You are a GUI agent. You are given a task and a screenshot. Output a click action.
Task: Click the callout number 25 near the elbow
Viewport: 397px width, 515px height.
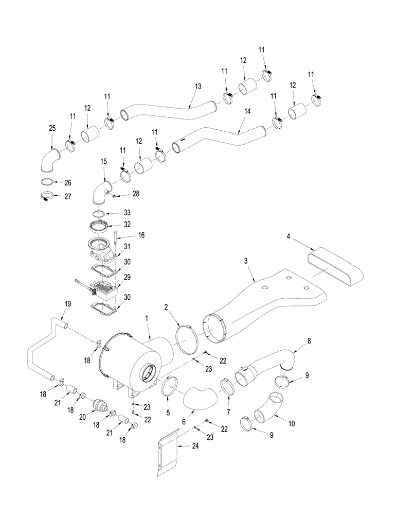coord(51,127)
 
